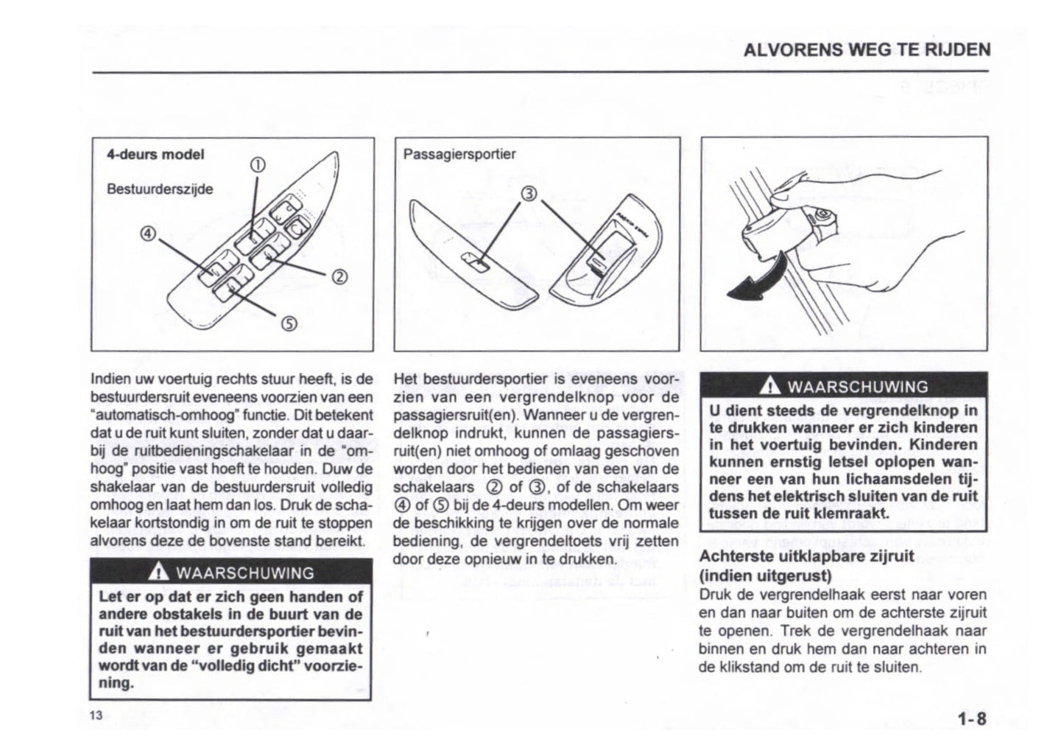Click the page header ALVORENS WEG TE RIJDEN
867,50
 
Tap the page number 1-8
971,718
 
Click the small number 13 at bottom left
96,715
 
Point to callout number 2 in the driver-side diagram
339,277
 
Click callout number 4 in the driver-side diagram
148,234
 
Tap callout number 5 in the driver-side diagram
289,323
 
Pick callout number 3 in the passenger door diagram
528,195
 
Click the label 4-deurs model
155,155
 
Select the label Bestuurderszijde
160,189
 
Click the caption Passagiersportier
459,154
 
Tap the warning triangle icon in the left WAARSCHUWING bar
157,573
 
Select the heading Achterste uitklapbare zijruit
806,556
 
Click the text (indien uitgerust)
765,575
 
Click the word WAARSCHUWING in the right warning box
858,387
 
